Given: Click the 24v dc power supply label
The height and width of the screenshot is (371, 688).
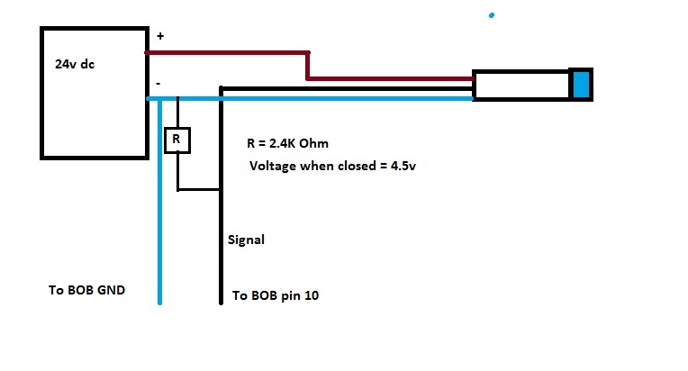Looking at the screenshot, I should tap(75, 65).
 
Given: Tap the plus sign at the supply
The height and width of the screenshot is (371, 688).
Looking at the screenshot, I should tap(161, 36).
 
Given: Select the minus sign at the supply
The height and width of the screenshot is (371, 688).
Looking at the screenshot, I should tap(158, 83).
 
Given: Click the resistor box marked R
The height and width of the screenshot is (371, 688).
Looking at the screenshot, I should tap(177, 140).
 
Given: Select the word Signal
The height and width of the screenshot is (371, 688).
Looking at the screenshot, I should tap(246, 240).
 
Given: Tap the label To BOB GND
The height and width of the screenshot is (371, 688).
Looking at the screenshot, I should tap(87, 291).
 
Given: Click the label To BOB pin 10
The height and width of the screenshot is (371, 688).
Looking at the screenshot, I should tap(275, 295).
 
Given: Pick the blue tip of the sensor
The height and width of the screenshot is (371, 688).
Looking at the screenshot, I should tap(581, 84).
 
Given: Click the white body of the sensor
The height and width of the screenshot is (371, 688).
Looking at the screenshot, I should tap(522, 85).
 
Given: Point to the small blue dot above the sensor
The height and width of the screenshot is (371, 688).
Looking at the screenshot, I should tap(491, 15).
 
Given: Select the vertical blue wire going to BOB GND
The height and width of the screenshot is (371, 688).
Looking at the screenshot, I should tap(160, 207).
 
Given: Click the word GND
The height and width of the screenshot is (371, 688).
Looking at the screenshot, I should tap(113, 291).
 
